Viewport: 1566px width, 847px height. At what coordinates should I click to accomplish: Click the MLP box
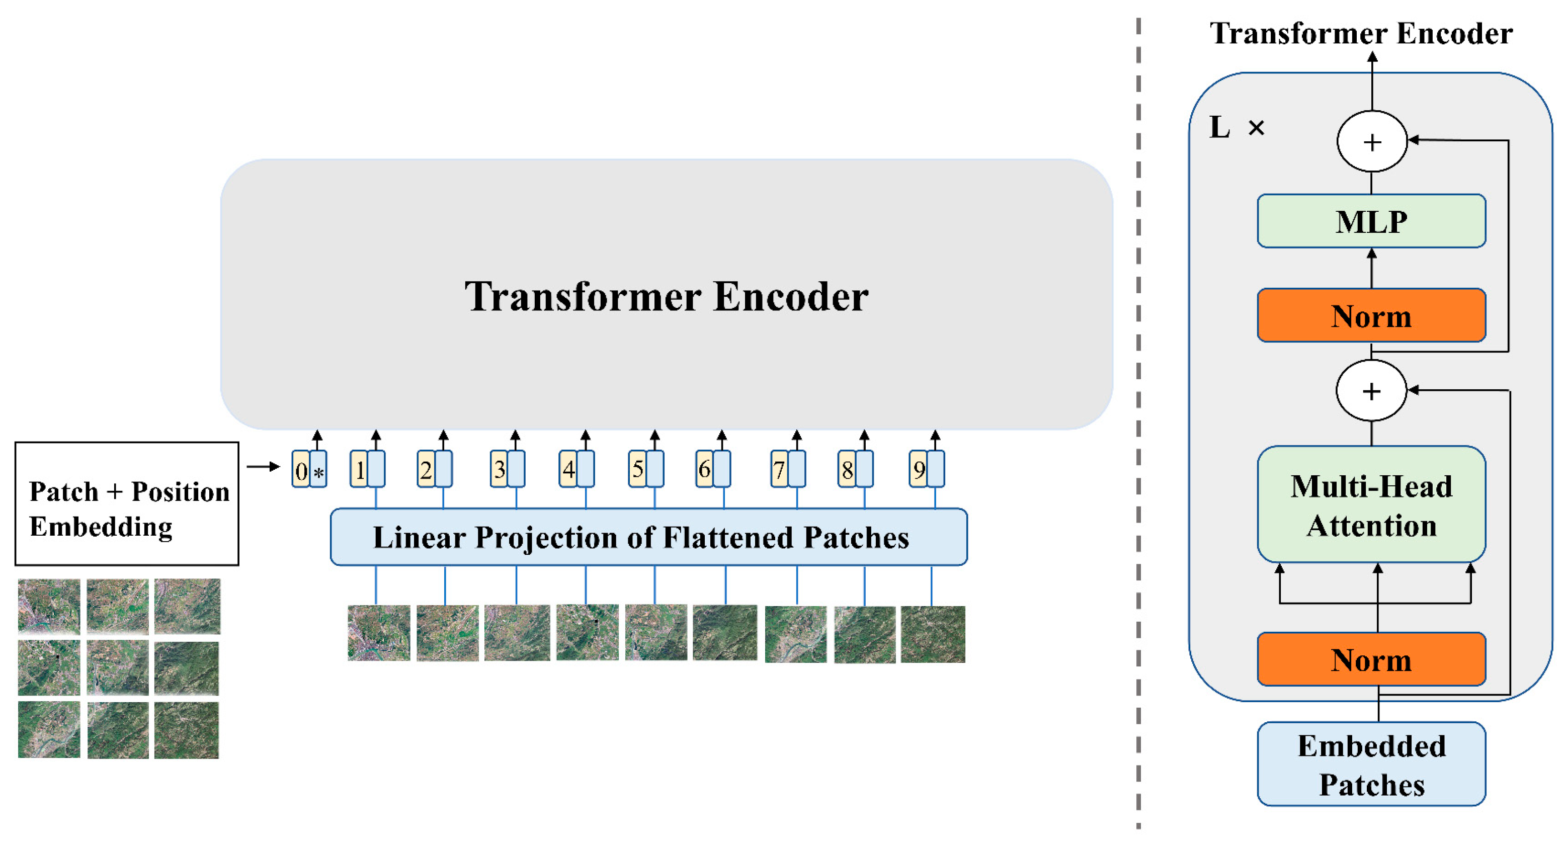click(x=1371, y=221)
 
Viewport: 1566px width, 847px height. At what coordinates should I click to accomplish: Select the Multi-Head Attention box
click(x=1371, y=505)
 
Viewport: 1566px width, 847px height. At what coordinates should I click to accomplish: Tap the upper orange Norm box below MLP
click(x=1371, y=316)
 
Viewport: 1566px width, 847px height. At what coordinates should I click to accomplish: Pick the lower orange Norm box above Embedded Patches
click(x=1371, y=659)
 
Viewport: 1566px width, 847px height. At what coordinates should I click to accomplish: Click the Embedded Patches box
click(x=1371, y=765)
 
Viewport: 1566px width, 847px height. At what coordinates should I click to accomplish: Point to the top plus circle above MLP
click(x=1371, y=141)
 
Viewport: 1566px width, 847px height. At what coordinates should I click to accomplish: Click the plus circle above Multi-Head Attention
click(x=1371, y=391)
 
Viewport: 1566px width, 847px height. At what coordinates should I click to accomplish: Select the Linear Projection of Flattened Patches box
click(x=648, y=537)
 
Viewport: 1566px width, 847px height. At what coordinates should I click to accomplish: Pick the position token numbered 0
click(x=301, y=470)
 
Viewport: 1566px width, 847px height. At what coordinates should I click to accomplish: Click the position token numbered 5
click(x=637, y=469)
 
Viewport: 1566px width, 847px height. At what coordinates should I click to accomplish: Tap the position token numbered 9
click(x=918, y=469)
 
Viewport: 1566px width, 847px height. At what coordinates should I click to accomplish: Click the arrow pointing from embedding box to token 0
click(x=263, y=467)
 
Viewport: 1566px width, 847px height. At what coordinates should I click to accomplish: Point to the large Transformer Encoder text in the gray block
click(x=666, y=297)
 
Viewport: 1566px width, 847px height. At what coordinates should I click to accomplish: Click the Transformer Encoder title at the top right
click(x=1361, y=33)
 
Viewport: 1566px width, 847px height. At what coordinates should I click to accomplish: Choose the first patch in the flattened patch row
click(x=379, y=633)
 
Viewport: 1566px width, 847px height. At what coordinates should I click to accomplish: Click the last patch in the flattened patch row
click(x=933, y=634)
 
